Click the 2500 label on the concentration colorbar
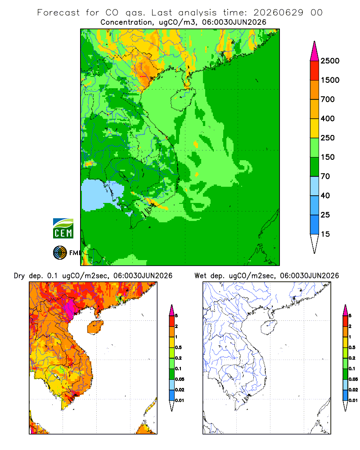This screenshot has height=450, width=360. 330,61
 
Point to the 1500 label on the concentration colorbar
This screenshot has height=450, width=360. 330,80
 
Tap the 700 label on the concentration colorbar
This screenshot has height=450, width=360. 328,99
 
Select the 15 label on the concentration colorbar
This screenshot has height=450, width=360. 325,234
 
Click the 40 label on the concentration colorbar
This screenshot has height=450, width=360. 325,195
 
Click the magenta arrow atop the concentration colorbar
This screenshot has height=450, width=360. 315,51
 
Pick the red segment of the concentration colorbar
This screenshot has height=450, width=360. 315,71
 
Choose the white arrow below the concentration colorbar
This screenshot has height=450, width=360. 315,244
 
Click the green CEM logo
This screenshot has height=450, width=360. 63,229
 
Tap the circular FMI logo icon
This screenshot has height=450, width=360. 60,253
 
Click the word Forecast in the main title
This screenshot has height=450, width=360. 58,13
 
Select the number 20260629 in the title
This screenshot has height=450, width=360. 278,13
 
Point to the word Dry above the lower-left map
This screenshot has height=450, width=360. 19,276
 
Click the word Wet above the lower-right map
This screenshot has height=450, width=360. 200,276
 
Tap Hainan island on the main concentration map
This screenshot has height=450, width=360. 183,99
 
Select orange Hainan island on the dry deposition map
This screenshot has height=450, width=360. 95,327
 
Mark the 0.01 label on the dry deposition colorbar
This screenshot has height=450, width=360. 180,400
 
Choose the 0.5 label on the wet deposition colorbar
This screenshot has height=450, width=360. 352,347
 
